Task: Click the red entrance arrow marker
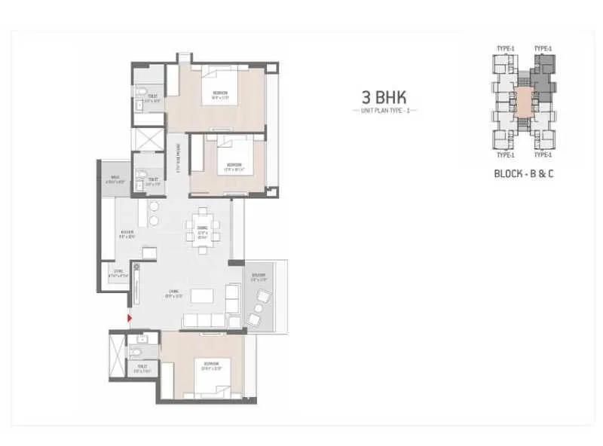pos(130,319)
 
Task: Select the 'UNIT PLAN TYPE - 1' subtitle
pos(385,111)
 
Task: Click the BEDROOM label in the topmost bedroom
pos(219,95)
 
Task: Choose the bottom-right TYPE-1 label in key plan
pos(543,155)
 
